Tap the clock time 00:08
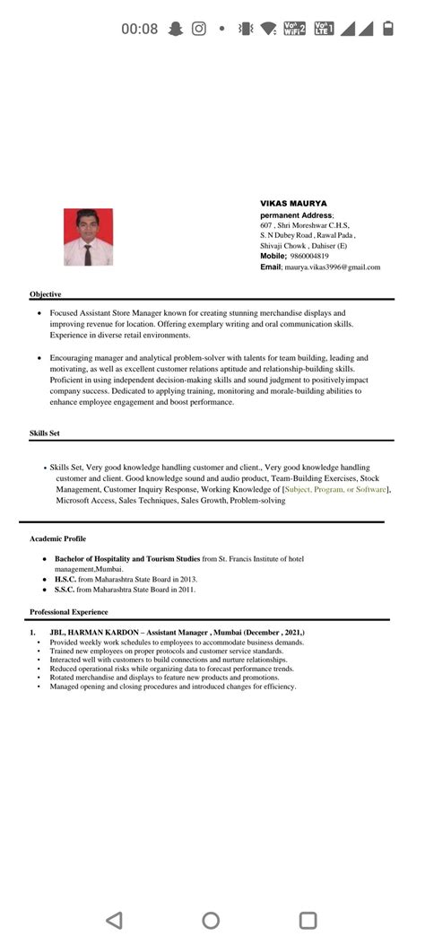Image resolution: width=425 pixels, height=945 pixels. click(139, 29)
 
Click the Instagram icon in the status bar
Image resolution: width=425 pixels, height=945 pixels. click(198, 29)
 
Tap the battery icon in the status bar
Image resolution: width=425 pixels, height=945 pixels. click(387, 29)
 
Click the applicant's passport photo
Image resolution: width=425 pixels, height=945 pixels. click(88, 237)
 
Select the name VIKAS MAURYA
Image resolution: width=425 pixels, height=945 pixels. click(293, 204)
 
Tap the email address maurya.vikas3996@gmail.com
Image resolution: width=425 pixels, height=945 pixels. click(333, 267)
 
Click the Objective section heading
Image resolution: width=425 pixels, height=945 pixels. click(45, 294)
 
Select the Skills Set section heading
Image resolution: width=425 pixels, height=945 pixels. click(45, 434)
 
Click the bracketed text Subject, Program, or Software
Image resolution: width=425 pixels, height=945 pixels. click(335, 490)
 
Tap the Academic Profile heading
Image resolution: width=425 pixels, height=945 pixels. click(57, 539)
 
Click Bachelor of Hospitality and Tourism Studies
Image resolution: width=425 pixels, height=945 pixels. click(127, 559)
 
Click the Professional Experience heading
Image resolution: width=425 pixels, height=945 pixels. click(68, 612)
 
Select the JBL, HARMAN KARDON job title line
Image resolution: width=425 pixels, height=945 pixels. click(177, 634)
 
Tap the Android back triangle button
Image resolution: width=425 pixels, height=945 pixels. click(114, 920)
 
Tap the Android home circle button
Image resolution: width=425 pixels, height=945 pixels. click(211, 920)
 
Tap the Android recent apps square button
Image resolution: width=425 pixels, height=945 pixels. click(308, 920)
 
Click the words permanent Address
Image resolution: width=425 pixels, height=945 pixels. click(296, 215)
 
